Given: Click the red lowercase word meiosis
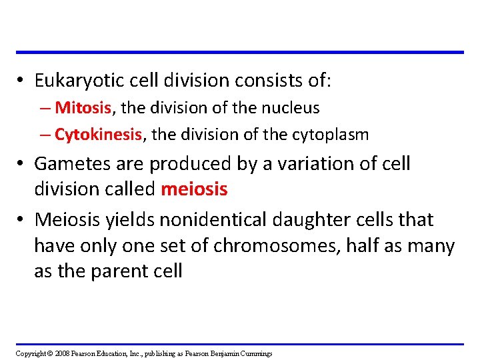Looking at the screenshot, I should (x=194, y=189).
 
